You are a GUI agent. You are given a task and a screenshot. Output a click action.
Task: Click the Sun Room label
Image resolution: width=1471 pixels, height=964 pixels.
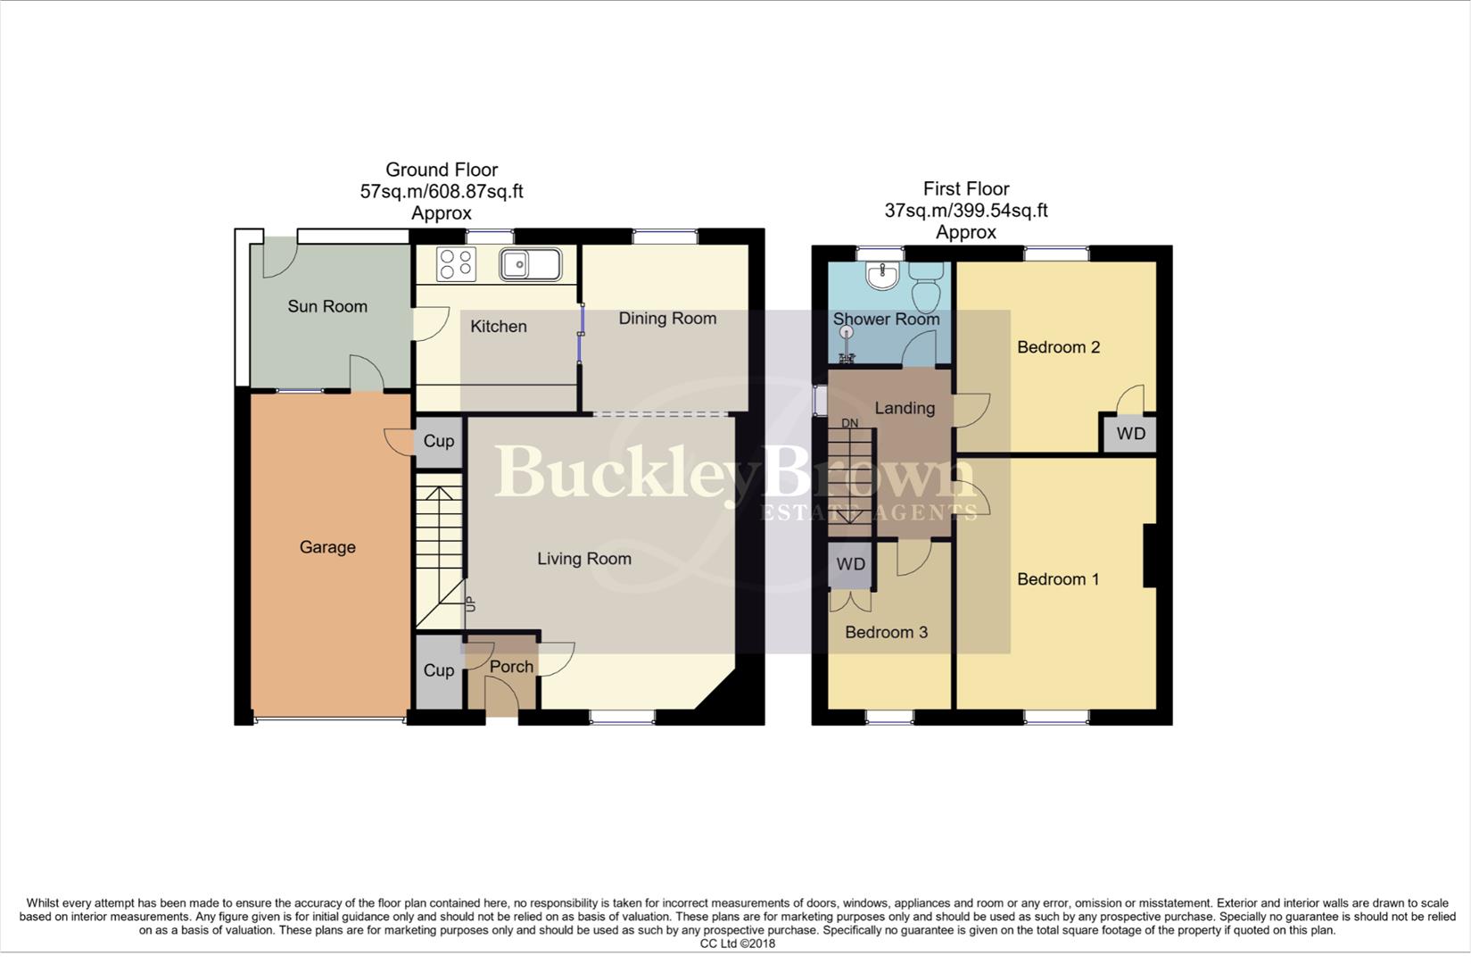pos(327,306)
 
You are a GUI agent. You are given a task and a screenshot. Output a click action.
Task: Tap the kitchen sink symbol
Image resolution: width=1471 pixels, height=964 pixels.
pos(530,263)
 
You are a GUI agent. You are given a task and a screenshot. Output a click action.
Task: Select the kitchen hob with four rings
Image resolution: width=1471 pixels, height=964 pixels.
pos(456,264)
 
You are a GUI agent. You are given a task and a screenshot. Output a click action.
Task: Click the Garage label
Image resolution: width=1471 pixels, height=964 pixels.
pos(327,547)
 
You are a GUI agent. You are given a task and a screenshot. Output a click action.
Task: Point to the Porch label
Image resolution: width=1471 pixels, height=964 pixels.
pos(511,667)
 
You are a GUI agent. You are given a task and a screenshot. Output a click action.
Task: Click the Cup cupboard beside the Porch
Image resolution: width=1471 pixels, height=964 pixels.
pos(438,671)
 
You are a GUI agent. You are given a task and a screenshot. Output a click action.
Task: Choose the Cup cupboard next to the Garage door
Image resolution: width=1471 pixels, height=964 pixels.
pos(438,442)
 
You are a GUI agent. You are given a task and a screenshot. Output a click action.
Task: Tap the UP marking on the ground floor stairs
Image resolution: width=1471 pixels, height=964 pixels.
pos(470,604)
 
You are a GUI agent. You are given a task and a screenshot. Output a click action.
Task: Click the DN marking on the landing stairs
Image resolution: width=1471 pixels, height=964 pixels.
pos(849,423)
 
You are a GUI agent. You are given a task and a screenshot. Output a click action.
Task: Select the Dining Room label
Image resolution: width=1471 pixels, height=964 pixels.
pos(667,318)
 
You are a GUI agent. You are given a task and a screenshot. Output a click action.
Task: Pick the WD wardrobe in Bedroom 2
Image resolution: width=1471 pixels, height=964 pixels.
pos(1130,435)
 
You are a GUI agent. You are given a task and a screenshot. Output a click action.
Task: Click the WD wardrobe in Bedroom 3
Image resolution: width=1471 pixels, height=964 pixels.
pos(851,565)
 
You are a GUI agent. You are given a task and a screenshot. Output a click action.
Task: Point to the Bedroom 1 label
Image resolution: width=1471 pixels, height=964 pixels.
pos(1058,579)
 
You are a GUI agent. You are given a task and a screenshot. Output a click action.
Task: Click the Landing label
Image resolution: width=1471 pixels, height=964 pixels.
pos(905,408)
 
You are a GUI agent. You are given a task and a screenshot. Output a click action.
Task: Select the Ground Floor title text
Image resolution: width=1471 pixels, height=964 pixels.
pos(442,170)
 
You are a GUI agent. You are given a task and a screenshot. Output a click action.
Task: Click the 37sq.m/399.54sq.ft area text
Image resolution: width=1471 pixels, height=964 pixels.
pos(965,211)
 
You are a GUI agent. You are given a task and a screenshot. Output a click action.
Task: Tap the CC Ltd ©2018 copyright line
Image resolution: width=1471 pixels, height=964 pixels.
pos(737,943)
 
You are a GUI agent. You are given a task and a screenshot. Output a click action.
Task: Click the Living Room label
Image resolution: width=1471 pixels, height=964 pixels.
pos(584,559)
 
